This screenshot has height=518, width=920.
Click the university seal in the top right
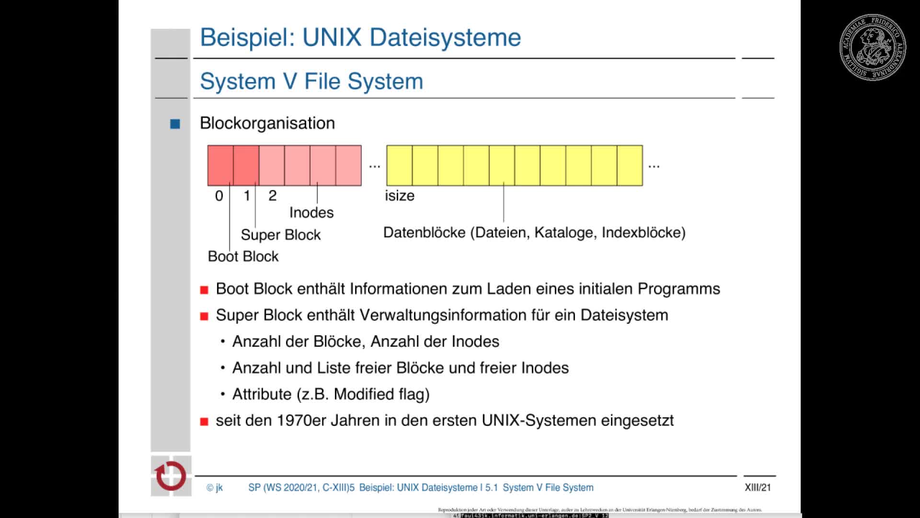(872, 47)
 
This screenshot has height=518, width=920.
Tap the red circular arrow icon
(171, 476)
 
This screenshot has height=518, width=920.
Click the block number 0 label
(219, 196)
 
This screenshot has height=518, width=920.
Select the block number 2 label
(272, 196)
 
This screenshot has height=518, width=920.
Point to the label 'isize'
(400, 196)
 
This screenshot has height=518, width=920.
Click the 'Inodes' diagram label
(311, 212)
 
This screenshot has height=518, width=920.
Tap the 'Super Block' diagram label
(280, 235)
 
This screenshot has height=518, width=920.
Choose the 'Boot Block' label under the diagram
(243, 256)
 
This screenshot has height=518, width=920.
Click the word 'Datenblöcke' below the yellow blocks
(425, 233)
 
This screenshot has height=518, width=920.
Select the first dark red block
(220, 165)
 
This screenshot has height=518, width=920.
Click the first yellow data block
(399, 165)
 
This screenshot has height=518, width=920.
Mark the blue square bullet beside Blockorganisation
(175, 124)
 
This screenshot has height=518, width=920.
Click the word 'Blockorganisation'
(267, 123)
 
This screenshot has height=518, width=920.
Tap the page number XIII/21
(758, 487)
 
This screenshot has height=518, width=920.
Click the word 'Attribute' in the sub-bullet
(262, 394)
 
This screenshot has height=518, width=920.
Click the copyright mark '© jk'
(215, 487)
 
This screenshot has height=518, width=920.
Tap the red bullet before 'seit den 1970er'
(204, 422)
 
